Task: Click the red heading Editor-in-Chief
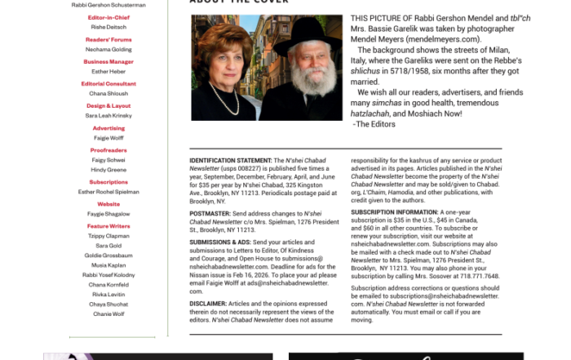click(x=108, y=17)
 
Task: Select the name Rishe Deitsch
click(x=108, y=26)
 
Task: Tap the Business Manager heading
click(x=108, y=61)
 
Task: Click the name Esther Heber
click(x=108, y=71)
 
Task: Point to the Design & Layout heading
click(x=108, y=106)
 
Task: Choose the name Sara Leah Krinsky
click(x=108, y=116)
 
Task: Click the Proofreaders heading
click(x=108, y=150)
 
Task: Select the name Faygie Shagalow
click(x=108, y=214)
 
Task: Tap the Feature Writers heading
click(x=108, y=226)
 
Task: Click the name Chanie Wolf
click(x=108, y=313)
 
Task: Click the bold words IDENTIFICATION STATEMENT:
click(x=225, y=161)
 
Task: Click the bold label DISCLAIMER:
click(x=208, y=304)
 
